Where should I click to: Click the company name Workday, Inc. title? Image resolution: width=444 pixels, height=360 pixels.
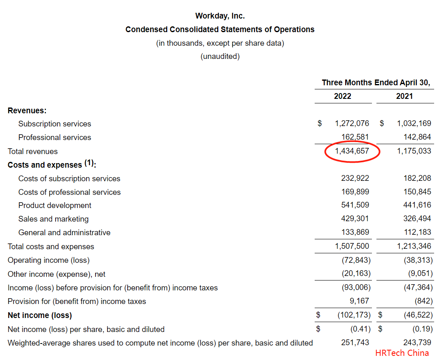point(220,16)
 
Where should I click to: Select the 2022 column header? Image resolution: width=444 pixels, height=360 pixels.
point(342,96)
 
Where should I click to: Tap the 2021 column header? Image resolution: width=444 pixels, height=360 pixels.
point(404,96)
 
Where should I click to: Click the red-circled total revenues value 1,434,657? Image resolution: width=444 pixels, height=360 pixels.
point(352,151)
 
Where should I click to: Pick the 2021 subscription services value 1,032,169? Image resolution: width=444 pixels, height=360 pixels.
point(414,124)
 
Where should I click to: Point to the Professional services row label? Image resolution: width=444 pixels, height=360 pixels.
point(55,138)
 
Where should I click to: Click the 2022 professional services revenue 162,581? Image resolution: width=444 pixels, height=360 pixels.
point(355,137)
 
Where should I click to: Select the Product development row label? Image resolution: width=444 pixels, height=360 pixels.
point(55,206)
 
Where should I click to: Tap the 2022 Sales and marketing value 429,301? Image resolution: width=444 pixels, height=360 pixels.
point(355,219)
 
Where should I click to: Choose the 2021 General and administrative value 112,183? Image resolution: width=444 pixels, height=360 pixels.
point(417,232)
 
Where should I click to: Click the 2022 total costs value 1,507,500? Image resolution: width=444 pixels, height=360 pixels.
point(352,246)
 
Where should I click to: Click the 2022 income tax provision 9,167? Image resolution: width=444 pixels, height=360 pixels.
point(360,301)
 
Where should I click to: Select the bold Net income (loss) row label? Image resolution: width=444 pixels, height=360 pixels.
point(40,316)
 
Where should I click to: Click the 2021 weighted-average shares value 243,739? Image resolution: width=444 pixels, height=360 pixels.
point(417,343)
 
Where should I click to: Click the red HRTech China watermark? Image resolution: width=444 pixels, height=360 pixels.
point(402,353)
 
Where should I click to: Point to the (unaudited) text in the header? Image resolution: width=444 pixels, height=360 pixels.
point(220,56)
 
